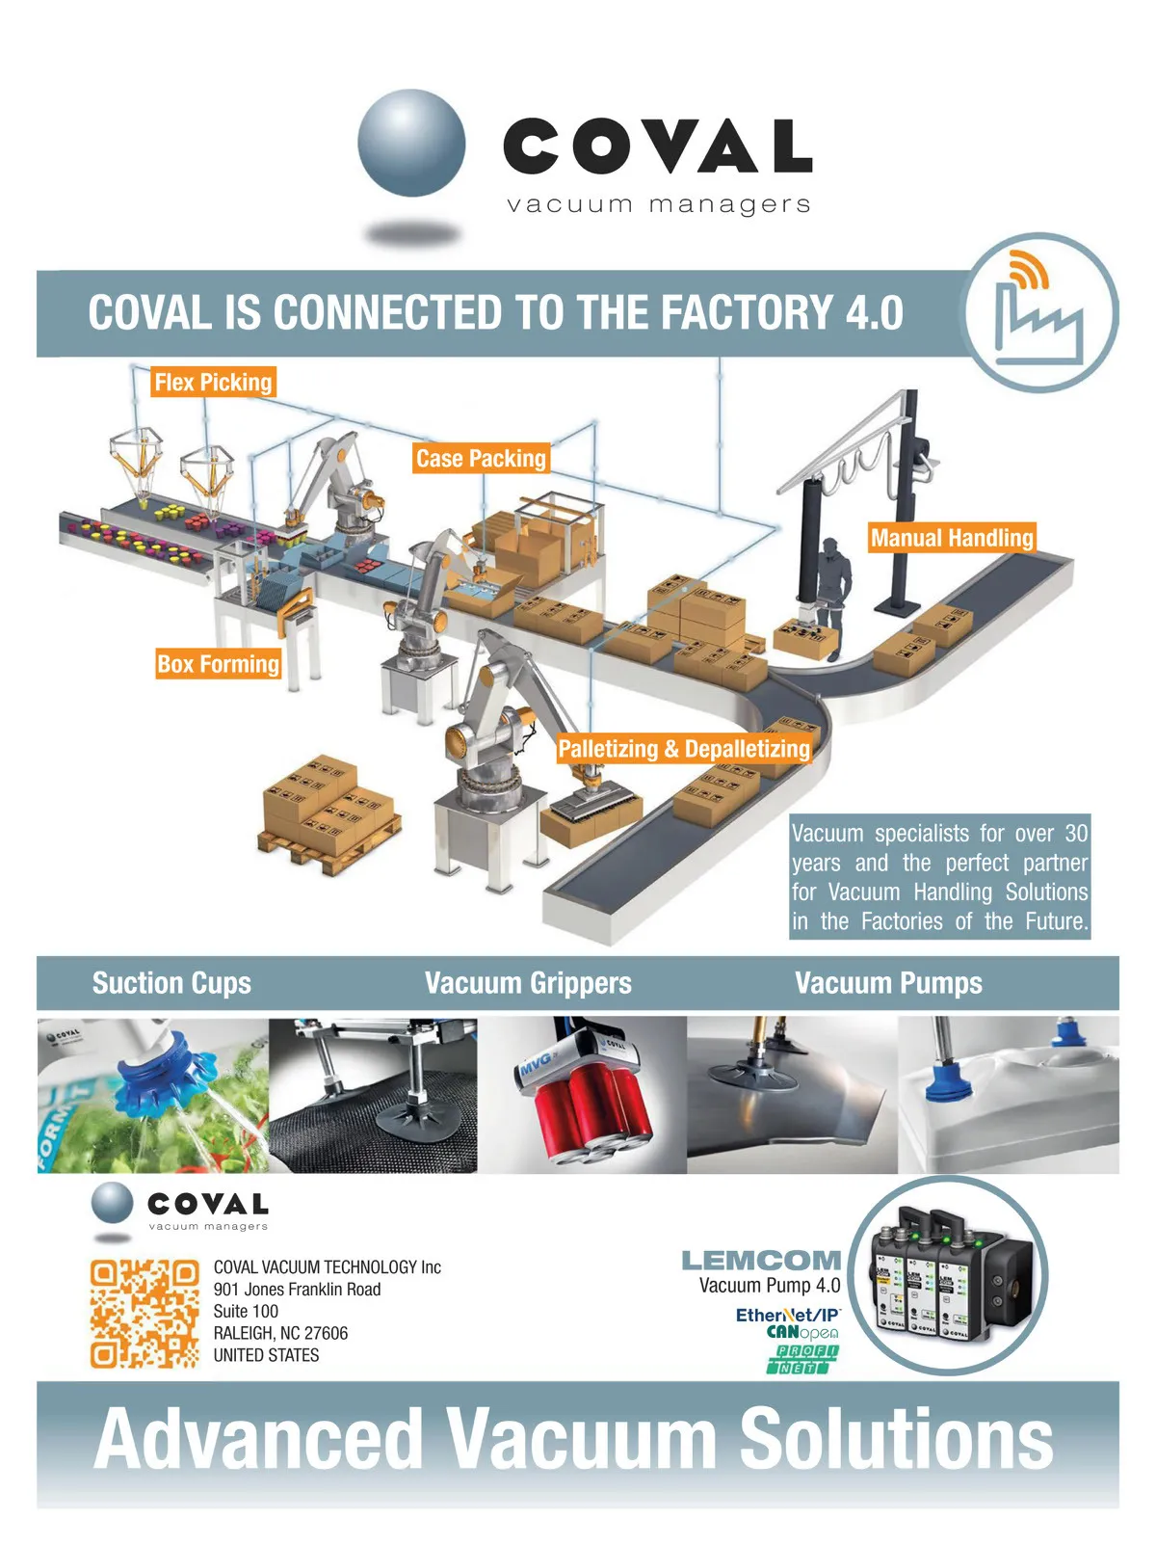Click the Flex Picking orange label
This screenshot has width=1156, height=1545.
(213, 383)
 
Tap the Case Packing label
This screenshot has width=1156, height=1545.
(481, 458)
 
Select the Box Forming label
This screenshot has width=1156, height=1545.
(218, 664)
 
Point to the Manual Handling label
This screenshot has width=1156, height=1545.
(951, 538)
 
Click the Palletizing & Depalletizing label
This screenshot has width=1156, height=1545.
(683, 748)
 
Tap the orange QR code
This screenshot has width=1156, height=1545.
(144, 1314)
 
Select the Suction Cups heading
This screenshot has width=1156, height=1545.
(171, 983)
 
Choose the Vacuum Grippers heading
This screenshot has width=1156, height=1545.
(528, 983)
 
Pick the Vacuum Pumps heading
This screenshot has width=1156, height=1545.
(888, 983)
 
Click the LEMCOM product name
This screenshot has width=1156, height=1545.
(761, 1261)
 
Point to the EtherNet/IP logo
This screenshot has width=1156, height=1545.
(787, 1315)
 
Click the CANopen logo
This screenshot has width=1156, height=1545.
(802, 1332)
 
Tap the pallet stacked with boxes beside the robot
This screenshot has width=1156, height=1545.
(328, 814)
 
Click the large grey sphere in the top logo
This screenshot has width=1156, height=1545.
(411, 143)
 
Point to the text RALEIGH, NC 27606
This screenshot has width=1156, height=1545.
(280, 1333)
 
